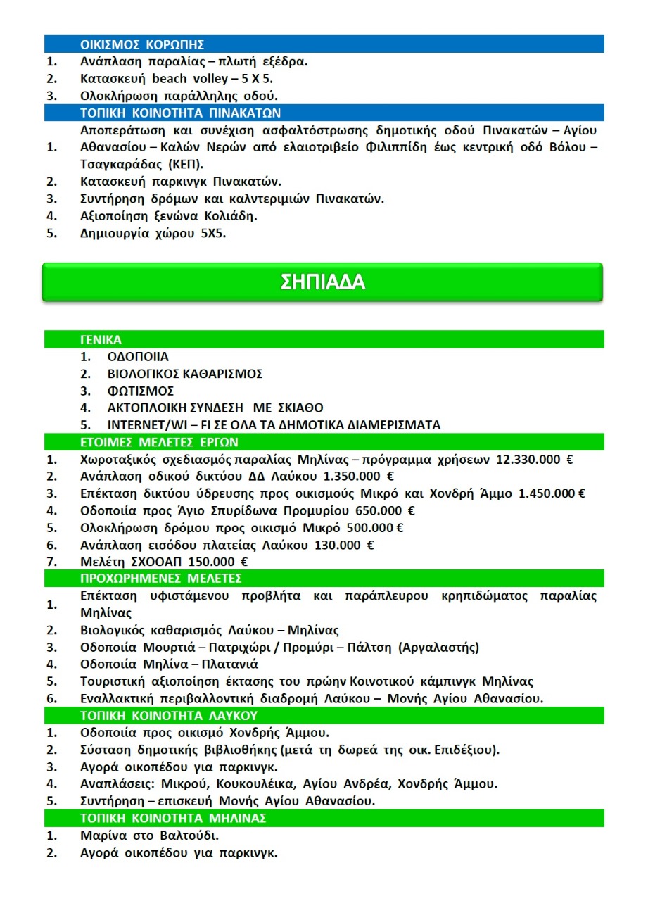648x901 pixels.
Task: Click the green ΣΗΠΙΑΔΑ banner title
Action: coord(323,282)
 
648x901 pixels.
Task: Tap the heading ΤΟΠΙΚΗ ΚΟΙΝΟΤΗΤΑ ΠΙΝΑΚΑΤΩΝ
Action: coord(181,113)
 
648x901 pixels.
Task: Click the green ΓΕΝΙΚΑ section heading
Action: coord(101,340)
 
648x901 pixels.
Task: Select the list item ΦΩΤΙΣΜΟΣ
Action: coord(140,391)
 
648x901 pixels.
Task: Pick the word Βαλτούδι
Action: coord(189,836)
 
